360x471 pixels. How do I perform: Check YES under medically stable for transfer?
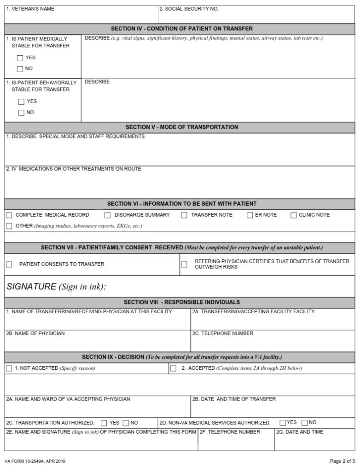point(20,58)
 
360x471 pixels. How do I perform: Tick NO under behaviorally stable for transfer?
point(21,113)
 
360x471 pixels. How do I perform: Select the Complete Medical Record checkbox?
point(9,215)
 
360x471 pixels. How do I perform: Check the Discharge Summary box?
point(108,215)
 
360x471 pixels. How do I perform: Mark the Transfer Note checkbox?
point(184,215)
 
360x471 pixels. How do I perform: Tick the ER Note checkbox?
point(250,215)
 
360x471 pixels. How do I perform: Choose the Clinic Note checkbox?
point(294,215)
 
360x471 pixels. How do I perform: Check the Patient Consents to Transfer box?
point(9,264)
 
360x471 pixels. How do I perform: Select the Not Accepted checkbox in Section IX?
point(9,368)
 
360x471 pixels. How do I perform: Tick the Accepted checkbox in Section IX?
point(174,368)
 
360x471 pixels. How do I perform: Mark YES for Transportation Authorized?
point(104,423)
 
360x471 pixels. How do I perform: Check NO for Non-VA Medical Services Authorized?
point(305,423)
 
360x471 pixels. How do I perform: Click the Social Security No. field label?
point(189,9)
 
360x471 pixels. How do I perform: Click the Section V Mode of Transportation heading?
point(181,127)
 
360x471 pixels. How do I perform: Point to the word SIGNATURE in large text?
point(31,287)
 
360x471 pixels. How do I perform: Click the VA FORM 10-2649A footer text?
point(35,461)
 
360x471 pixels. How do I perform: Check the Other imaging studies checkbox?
point(9,226)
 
